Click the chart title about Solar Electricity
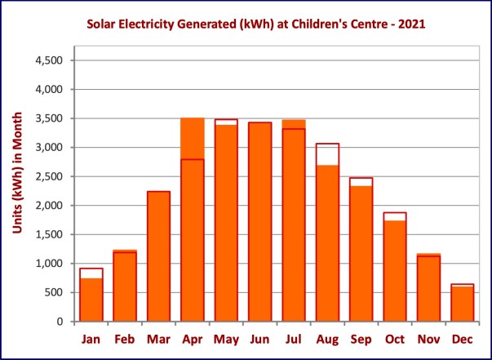coord(256,25)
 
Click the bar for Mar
coord(158,257)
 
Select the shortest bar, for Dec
coord(462,304)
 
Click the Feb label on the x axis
coord(125,338)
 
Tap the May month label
coord(226,338)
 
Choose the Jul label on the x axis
coord(294,338)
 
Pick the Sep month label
coord(361,338)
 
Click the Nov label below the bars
coord(428,338)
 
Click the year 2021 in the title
coord(410,25)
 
